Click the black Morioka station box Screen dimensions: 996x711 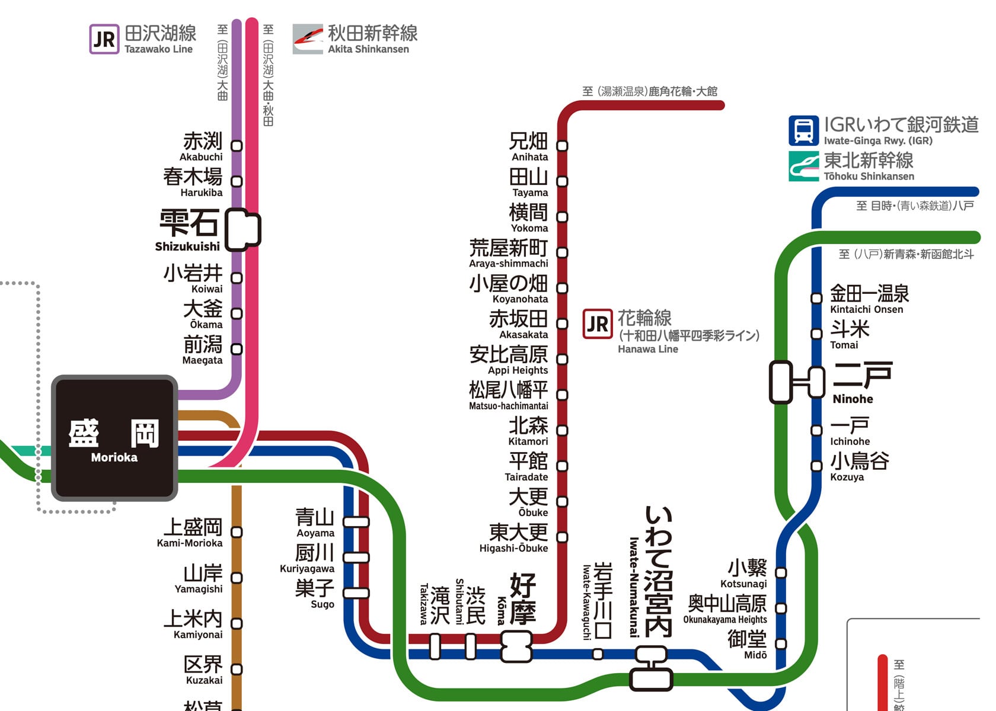coord(115,438)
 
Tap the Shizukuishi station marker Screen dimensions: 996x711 coord(242,229)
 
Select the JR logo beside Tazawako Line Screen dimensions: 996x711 coord(104,39)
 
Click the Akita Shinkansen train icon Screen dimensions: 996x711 coord(308,39)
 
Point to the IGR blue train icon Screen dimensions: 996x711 coord(803,130)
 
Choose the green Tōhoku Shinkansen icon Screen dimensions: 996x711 coord(803,166)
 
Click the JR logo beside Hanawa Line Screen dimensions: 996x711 coord(598,324)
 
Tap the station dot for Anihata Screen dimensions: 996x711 coord(563,146)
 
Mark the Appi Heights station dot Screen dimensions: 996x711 coord(563,359)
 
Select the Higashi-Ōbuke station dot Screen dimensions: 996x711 coord(563,537)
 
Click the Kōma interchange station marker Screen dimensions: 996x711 coord(516,646)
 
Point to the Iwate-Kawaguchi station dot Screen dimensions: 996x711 coord(598,654)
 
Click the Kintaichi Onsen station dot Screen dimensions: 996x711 coord(816,298)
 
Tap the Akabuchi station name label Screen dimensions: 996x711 coord(202,146)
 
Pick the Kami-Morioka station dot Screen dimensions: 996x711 coord(237,532)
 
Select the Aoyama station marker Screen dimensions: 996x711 coord(356,521)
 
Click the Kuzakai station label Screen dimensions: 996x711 coord(204,670)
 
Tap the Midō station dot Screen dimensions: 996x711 coord(781,643)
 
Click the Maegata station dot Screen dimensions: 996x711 coord(237,350)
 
